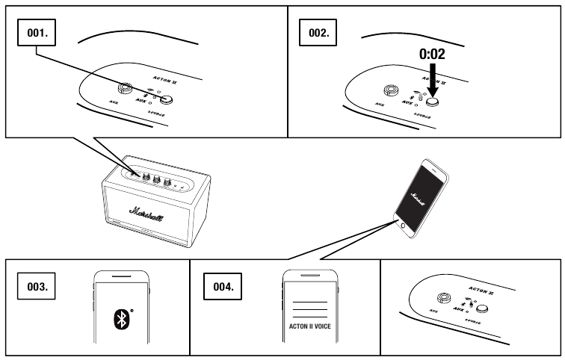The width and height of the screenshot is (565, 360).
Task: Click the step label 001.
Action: point(38,34)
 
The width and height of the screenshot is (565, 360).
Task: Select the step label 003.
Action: point(38,285)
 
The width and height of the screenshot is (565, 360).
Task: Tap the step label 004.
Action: point(226,285)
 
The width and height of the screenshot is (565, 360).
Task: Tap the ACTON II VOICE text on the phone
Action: point(310,326)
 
